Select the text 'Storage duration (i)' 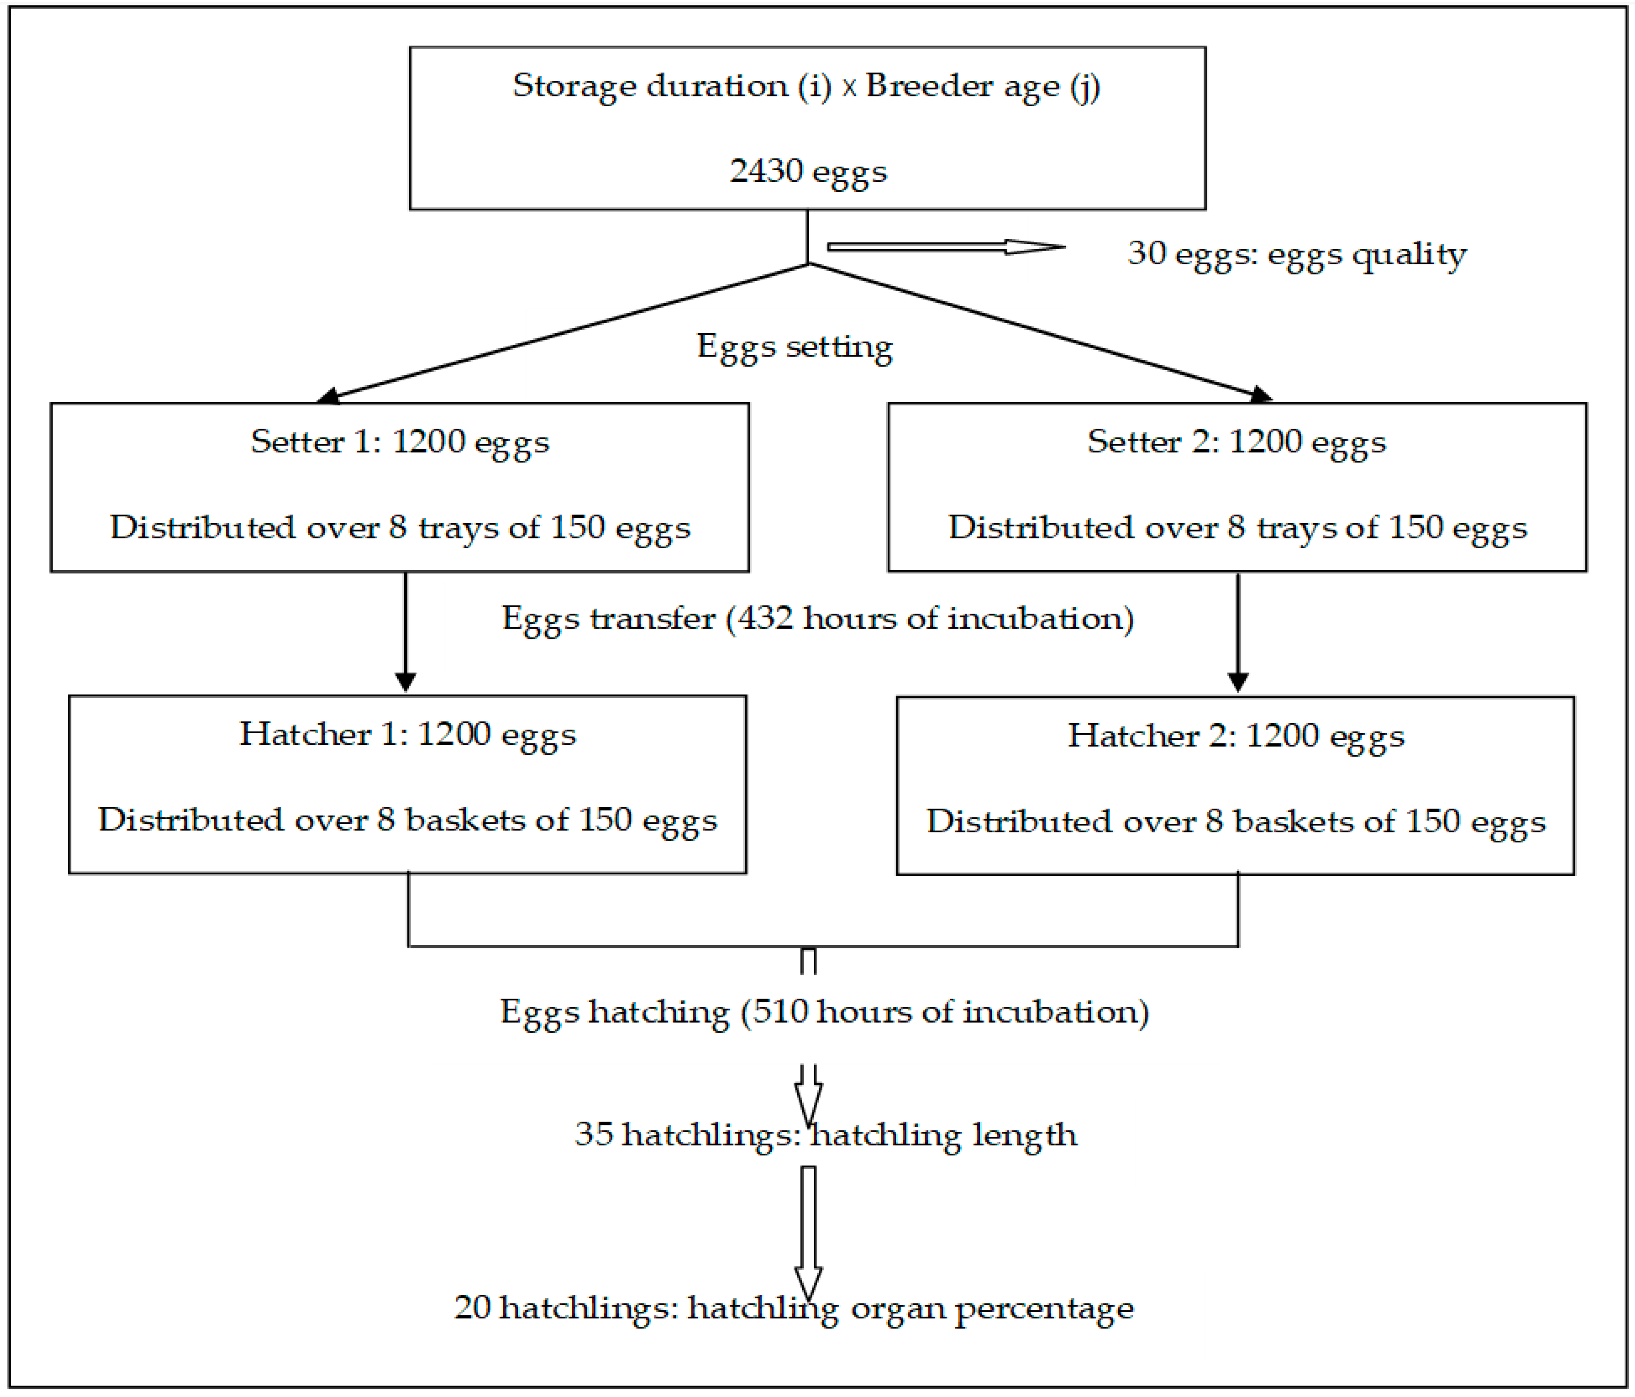[671, 85]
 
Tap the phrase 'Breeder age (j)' [982, 85]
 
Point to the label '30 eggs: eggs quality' [1297, 253]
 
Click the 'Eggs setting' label [795, 346]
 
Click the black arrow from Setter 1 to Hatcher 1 [406, 631]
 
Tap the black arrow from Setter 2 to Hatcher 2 [1238, 631]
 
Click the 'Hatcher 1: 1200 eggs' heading [408, 734]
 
